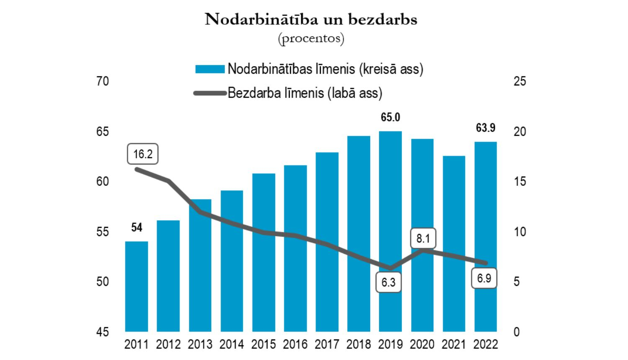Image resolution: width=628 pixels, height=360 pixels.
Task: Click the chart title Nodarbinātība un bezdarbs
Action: point(311,19)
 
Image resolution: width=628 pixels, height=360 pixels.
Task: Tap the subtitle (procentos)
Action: point(311,39)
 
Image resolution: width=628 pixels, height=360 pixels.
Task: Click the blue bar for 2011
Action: point(136,286)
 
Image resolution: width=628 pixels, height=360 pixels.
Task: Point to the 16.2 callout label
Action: point(143,154)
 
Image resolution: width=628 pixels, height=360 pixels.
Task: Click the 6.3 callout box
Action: point(389,282)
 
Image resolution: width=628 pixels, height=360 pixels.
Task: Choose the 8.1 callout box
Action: point(423,239)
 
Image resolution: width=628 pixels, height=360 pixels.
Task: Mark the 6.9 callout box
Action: point(484,278)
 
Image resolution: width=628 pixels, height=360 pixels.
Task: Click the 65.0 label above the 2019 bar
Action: point(390,118)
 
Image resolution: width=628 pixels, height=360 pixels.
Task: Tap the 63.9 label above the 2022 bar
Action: point(485,128)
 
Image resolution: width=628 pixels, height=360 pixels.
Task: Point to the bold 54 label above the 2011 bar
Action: point(136,227)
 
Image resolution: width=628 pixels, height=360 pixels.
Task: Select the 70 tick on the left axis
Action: point(102,81)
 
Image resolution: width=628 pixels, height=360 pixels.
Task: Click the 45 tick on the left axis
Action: point(102,332)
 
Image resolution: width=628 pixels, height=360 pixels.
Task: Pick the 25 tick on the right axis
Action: point(520,81)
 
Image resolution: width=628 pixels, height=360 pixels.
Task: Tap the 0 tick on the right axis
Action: point(517,332)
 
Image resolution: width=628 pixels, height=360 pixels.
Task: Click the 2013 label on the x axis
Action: point(200,345)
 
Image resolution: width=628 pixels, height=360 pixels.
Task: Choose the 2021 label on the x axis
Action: point(454,345)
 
